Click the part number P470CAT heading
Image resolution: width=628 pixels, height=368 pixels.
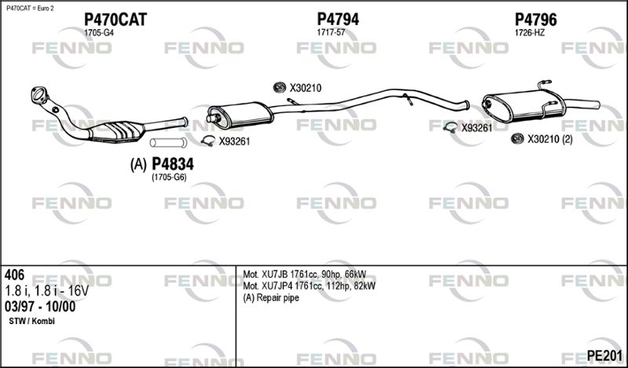(115, 19)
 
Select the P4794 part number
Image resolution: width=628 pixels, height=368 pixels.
(338, 19)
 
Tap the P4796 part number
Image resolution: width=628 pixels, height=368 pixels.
(535, 19)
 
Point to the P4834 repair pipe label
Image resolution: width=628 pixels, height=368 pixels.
(173, 164)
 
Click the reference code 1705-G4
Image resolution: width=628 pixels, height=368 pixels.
(99, 33)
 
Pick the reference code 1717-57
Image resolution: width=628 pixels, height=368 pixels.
(330, 33)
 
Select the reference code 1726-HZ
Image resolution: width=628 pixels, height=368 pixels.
(529, 33)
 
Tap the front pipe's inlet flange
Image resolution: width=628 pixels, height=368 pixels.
(39, 96)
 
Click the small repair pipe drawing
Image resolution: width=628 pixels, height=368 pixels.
(168, 142)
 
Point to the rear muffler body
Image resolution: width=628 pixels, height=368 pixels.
(524, 105)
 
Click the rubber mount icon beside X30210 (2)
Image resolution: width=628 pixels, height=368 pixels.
(517, 139)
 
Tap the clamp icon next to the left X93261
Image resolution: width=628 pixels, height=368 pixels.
(208, 140)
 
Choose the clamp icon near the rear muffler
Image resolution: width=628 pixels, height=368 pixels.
(451, 127)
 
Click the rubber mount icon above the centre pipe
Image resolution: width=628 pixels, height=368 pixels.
(279, 87)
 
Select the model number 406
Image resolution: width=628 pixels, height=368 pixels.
(14, 275)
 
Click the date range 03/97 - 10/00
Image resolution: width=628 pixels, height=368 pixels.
(40, 307)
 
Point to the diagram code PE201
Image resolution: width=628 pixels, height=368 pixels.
(604, 355)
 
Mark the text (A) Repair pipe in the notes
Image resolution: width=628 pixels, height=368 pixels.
(271, 298)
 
